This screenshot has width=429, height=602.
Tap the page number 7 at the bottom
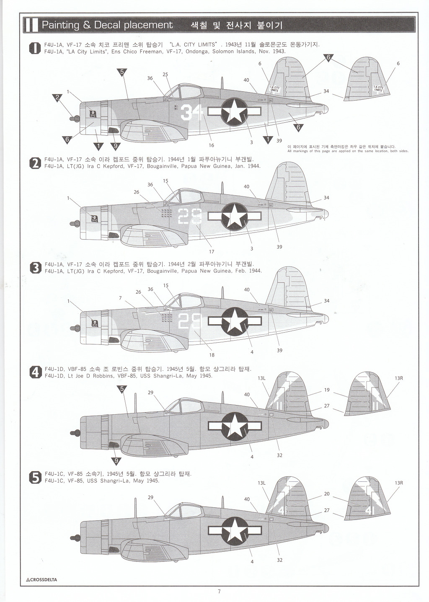click(x=219, y=592)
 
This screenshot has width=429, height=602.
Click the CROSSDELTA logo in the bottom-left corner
click(x=41, y=580)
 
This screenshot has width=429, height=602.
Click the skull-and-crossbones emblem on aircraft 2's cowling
click(x=95, y=218)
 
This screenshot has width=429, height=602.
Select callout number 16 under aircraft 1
click(x=212, y=145)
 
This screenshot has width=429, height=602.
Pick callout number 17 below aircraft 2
click(x=212, y=251)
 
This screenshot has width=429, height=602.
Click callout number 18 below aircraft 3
click(x=212, y=355)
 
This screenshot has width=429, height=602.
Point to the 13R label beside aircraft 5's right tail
click(x=398, y=483)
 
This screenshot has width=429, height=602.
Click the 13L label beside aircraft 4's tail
click(x=262, y=378)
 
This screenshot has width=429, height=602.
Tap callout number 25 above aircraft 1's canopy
click(x=165, y=75)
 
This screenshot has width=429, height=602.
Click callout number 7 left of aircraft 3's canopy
click(x=120, y=298)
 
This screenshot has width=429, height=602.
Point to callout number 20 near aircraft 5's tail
click(x=327, y=494)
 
